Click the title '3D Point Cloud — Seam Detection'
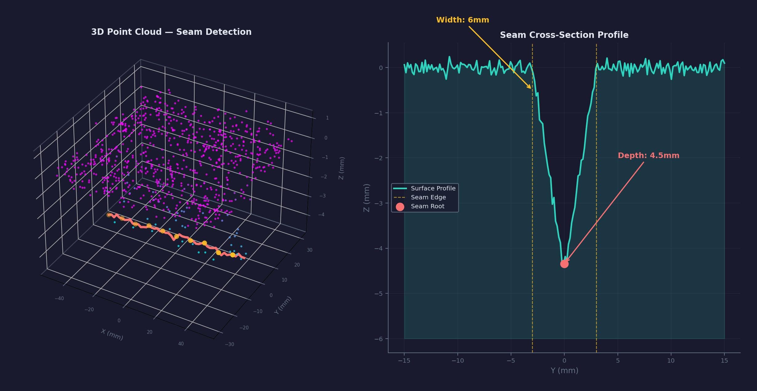171,32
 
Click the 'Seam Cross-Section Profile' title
564,35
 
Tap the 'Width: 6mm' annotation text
462,20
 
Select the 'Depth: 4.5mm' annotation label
648,156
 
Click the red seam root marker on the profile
564,264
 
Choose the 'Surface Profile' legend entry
433,188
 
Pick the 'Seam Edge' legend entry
428,197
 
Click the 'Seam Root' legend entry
427,206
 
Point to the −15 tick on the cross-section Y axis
404,360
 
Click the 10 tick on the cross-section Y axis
671,360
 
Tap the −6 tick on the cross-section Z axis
379,339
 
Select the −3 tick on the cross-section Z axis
379,203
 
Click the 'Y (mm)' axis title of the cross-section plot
564,370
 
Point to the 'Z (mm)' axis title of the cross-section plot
366,198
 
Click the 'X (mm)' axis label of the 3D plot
112,335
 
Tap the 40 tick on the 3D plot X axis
181,344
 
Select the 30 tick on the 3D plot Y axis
309,250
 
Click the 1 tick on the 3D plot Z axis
327,118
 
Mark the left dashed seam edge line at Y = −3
532,216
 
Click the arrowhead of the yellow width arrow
531,88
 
